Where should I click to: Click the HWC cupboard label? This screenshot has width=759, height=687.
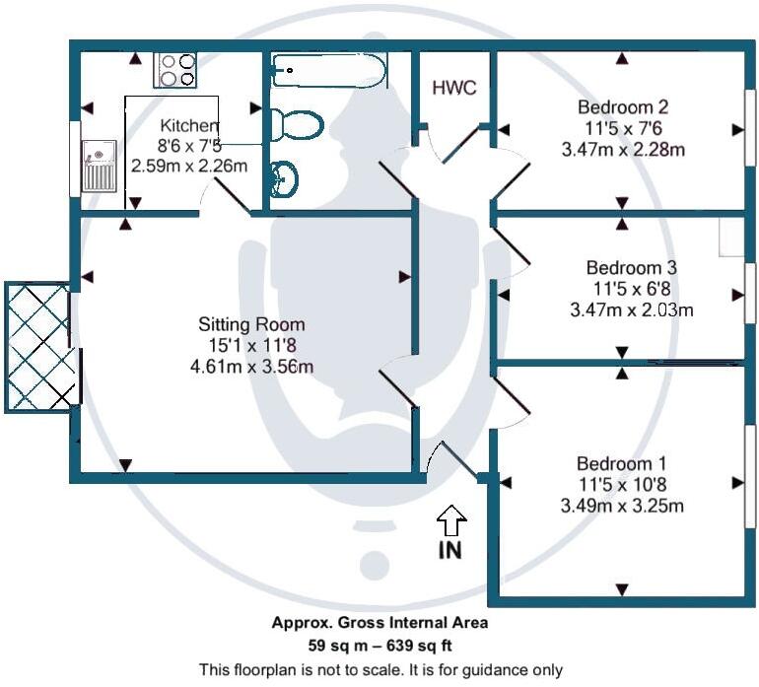point(454,88)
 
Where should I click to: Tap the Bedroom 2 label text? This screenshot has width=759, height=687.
point(622,106)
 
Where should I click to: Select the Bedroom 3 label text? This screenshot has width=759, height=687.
point(631,267)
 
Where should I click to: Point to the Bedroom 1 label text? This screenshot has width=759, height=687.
point(622,463)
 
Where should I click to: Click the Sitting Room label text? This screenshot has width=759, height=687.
point(251,323)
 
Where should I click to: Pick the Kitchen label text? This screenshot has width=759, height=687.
point(189,125)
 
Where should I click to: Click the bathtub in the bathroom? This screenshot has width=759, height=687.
point(328,70)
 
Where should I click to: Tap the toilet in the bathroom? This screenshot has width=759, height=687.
point(297,125)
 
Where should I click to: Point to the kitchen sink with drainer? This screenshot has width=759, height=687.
point(100,165)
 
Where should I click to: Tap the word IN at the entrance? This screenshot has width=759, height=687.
point(449,550)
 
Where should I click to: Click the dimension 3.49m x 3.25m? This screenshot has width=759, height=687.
point(622,507)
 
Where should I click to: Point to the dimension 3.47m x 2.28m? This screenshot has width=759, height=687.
point(622,150)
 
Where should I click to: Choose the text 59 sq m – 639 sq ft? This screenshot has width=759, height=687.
point(379,646)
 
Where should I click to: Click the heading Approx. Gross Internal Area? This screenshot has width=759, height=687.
point(379,623)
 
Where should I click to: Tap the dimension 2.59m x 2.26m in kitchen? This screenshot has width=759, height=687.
point(189,166)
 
